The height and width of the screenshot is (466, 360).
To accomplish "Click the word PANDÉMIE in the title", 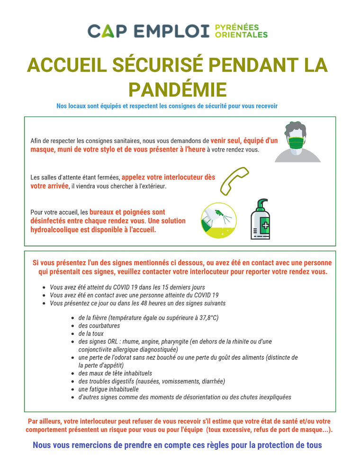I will click(x=178, y=89).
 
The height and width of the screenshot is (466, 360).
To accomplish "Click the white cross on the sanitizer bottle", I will click(x=265, y=225).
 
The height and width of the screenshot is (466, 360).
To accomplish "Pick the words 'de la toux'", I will click(x=91, y=333).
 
